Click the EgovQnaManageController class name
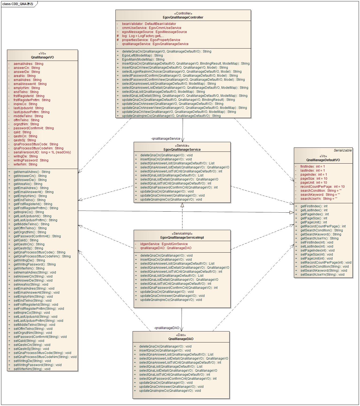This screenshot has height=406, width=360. coord(183,17)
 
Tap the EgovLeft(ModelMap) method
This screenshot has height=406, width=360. coord(142,56)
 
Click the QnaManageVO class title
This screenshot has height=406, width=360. coord(42,57)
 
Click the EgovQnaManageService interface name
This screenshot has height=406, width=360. coord(182,150)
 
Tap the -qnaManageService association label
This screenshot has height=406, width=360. coord(166,139)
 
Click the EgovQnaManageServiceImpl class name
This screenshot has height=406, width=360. coord(182,238)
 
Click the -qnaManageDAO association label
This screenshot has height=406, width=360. coord(166,328)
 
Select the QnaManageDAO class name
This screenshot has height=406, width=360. coord(181,339)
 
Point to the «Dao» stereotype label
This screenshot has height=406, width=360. coord(181,335)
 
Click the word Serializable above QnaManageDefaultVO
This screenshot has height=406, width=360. coord(343,150)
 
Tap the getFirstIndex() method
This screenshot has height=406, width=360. coord(314,206)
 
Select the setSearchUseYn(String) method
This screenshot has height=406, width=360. coord(322,275)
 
